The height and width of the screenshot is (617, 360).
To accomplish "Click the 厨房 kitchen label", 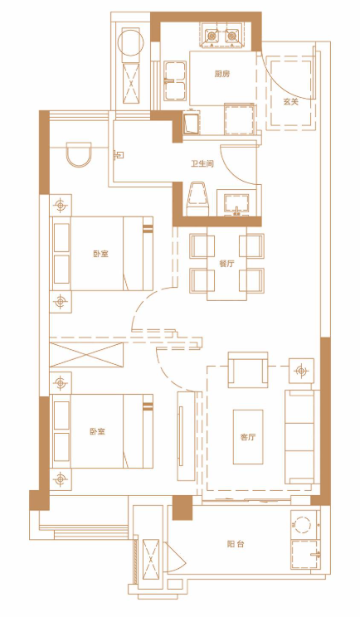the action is (222, 74).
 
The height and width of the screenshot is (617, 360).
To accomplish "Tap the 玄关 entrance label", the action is (291, 101).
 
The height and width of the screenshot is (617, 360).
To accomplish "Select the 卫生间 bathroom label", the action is (202, 163).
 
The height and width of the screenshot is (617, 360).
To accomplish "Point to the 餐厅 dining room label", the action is (226, 264).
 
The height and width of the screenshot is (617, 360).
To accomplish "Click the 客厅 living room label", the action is (248, 437).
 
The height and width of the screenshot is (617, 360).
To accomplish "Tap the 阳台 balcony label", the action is (236, 544).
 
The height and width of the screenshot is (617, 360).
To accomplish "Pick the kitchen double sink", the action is (175, 80).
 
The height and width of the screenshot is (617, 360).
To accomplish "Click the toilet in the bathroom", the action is (197, 199).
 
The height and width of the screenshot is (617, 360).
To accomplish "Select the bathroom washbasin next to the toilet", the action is (236, 205).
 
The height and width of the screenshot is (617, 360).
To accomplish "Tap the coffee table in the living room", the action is (248, 437).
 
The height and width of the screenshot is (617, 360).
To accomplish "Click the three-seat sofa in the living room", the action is (299, 437).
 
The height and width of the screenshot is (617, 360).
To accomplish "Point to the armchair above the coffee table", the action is (248, 370).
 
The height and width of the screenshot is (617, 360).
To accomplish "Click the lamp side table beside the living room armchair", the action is (301, 371).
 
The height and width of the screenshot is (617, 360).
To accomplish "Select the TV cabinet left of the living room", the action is (186, 436).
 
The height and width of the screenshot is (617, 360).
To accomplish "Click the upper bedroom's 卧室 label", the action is (100, 254).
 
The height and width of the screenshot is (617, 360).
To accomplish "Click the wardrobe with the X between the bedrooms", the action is (86, 355).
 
